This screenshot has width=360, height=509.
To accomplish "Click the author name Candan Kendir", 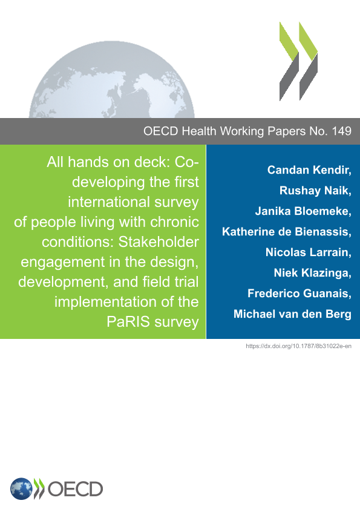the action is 308,170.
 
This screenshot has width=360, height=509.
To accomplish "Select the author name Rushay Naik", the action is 314,191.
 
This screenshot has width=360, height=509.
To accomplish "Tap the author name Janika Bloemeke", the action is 302,211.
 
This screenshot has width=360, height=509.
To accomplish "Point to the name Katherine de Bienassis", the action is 286,232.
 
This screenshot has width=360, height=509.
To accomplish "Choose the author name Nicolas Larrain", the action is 307,252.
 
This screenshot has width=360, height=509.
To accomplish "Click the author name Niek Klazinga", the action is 312,273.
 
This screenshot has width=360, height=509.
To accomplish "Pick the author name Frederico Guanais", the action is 298,294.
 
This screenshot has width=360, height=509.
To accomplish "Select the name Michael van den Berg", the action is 292,314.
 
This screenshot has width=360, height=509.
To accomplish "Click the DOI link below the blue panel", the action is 299,346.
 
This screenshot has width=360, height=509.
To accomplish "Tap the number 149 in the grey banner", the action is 341,131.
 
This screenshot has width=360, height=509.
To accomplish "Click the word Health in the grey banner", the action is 199,131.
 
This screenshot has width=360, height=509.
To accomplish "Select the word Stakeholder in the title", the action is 159,242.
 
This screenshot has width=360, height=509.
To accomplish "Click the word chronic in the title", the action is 175,222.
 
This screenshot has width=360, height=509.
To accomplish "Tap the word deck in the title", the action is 149,162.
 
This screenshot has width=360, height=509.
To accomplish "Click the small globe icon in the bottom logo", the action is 21,489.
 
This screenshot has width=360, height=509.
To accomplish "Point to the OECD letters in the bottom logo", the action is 75,489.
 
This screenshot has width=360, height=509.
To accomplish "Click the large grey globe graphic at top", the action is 112,80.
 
